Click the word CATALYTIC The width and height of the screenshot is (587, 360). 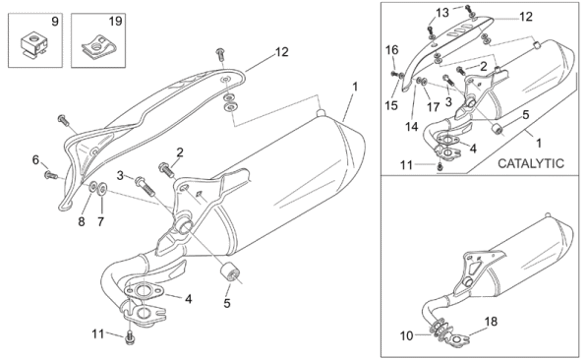pyautogui.click(x=531, y=163)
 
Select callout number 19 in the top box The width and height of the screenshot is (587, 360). pyautogui.click(x=115, y=21)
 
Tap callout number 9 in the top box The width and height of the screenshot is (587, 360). pyautogui.click(x=55, y=22)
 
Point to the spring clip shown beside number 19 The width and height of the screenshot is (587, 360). pyautogui.click(x=98, y=47)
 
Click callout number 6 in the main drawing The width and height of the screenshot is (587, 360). pyautogui.click(x=35, y=160)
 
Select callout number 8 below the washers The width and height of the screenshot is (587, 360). pyautogui.click(x=100, y=221)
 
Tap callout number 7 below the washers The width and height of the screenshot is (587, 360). pyautogui.click(x=82, y=221)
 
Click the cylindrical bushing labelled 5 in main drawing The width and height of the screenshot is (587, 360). pyautogui.click(x=229, y=272)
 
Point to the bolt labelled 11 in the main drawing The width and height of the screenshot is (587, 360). pyautogui.click(x=130, y=337)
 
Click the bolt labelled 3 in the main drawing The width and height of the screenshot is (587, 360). pyautogui.click(x=146, y=185)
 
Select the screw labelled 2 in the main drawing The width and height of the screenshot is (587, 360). pyautogui.click(x=166, y=170)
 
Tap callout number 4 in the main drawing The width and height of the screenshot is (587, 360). pyautogui.click(x=189, y=299)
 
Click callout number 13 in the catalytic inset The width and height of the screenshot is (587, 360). pyautogui.click(x=442, y=13)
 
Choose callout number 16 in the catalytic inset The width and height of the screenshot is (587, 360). pyautogui.click(x=392, y=49)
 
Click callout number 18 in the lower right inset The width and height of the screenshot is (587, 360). pyautogui.click(x=491, y=321)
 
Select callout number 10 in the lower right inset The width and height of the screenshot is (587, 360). pyautogui.click(x=406, y=335)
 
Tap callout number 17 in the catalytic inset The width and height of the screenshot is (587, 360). pyautogui.click(x=434, y=107)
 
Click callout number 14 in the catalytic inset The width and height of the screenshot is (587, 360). pyautogui.click(x=411, y=127)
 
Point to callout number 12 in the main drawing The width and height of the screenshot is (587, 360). pyautogui.click(x=281, y=52)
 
